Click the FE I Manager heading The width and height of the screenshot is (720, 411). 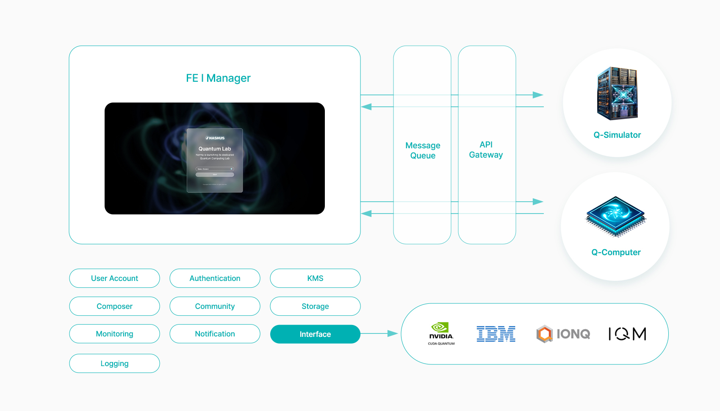coord(218,78)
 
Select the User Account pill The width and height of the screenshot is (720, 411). coord(114,278)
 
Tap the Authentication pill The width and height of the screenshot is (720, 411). coord(215,278)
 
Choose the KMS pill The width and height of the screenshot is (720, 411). coord(315,278)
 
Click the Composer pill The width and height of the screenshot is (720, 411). coord(114,306)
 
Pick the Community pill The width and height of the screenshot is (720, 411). coord(215,306)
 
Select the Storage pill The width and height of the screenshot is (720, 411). coord(315,306)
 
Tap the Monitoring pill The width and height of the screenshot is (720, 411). coord(114,334)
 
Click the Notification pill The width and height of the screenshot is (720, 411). coord(215,334)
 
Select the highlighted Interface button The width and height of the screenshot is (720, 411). coord(315,334)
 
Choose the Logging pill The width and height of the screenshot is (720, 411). coord(114,364)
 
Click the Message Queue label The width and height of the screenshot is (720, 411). coord(423,150)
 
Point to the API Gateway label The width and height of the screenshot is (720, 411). coord(486,150)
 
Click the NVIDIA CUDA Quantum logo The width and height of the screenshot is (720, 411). coord(441,334)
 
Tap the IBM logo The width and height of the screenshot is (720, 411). coord(496,334)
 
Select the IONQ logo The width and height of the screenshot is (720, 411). coord(563,334)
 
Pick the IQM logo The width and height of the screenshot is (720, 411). coord(627,334)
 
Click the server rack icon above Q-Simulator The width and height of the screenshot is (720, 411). coord(617,93)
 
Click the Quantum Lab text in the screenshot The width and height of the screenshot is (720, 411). coord(215,149)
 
